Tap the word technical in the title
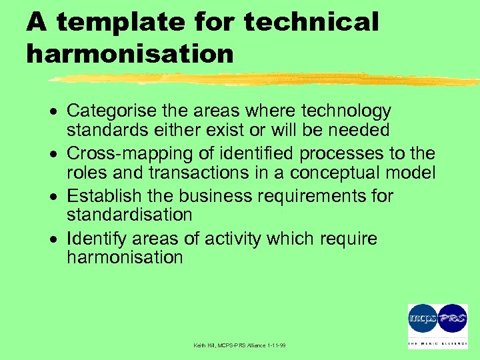(311, 22)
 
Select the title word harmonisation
(130, 54)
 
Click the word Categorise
(111, 110)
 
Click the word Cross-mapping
(124, 154)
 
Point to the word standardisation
(129, 215)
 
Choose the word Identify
(93, 239)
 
